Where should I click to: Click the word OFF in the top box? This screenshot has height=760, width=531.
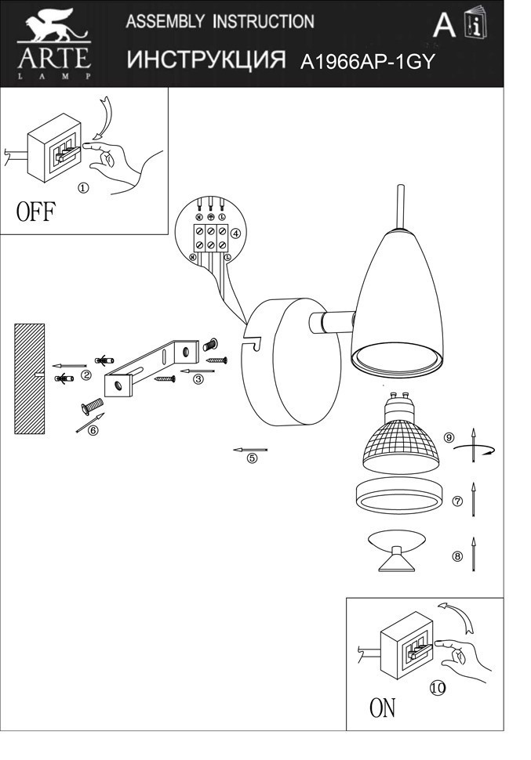pos(36,212)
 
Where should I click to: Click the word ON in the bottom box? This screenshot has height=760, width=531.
pos(383,708)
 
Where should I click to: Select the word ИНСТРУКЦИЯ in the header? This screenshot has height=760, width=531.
pos(205,61)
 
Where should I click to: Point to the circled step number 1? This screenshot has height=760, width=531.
pos(83,188)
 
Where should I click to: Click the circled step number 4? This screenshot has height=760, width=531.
pos(235,233)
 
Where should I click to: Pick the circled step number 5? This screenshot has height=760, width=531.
pos(252,459)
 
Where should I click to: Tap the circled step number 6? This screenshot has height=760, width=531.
pos(93,429)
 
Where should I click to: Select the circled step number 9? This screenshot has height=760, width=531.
pos(449,437)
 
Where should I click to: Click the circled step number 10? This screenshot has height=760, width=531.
pos(438,688)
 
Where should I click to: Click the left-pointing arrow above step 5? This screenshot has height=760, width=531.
pos(250,450)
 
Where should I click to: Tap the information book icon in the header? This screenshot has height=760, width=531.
pos(475,25)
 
